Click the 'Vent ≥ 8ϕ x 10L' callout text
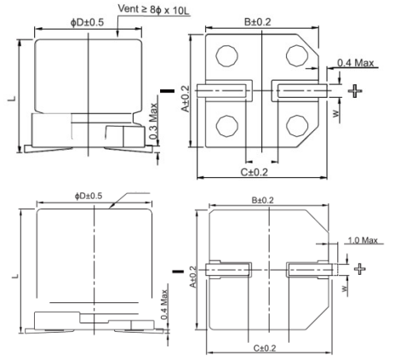coord(153,9)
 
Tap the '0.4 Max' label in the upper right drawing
coord(355,63)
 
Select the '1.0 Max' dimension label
coord(363,241)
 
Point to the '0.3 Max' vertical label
coord(153,121)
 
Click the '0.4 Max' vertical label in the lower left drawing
coord(164,305)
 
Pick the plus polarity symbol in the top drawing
coord(355,91)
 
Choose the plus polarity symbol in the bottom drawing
coord(360,269)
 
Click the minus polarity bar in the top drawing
coord(168,91)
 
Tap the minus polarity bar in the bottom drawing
coord(178,271)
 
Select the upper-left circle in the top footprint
coord(226,55)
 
